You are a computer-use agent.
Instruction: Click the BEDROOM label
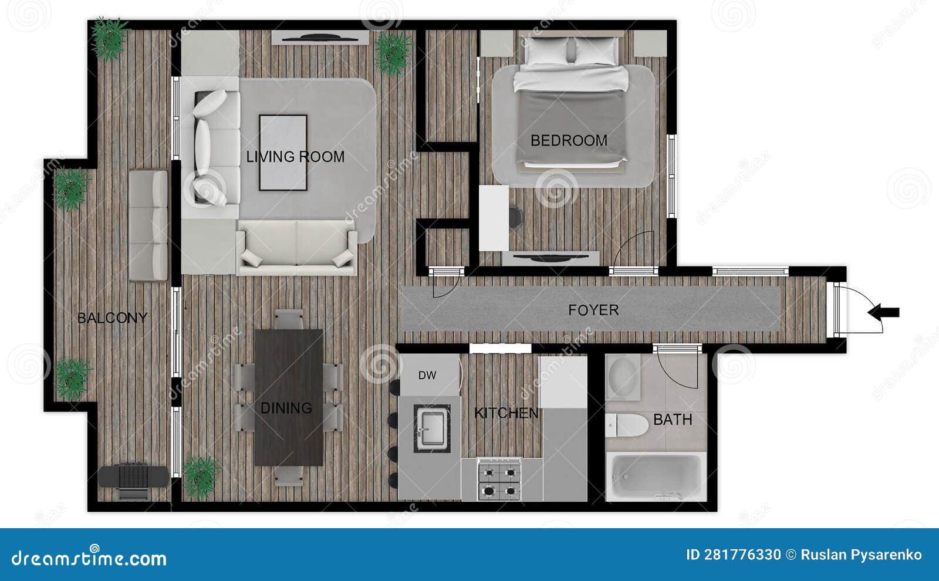click(x=569, y=141)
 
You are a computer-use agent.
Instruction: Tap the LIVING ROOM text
click(x=295, y=157)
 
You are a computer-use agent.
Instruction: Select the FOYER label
click(x=593, y=310)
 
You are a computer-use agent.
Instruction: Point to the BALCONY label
click(x=113, y=318)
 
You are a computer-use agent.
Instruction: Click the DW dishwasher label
click(x=427, y=376)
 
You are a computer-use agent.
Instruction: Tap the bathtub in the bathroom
click(x=656, y=476)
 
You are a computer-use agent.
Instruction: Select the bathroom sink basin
click(x=623, y=377)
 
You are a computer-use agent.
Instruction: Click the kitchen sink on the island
click(x=432, y=428)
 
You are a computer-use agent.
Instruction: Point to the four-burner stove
click(x=499, y=479)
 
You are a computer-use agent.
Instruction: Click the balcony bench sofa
click(x=148, y=225)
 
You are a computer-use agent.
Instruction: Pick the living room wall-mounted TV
click(x=320, y=38)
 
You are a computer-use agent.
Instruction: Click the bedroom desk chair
click(x=515, y=217)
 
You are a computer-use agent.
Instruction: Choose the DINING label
click(x=286, y=408)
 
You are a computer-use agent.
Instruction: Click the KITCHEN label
click(x=506, y=413)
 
